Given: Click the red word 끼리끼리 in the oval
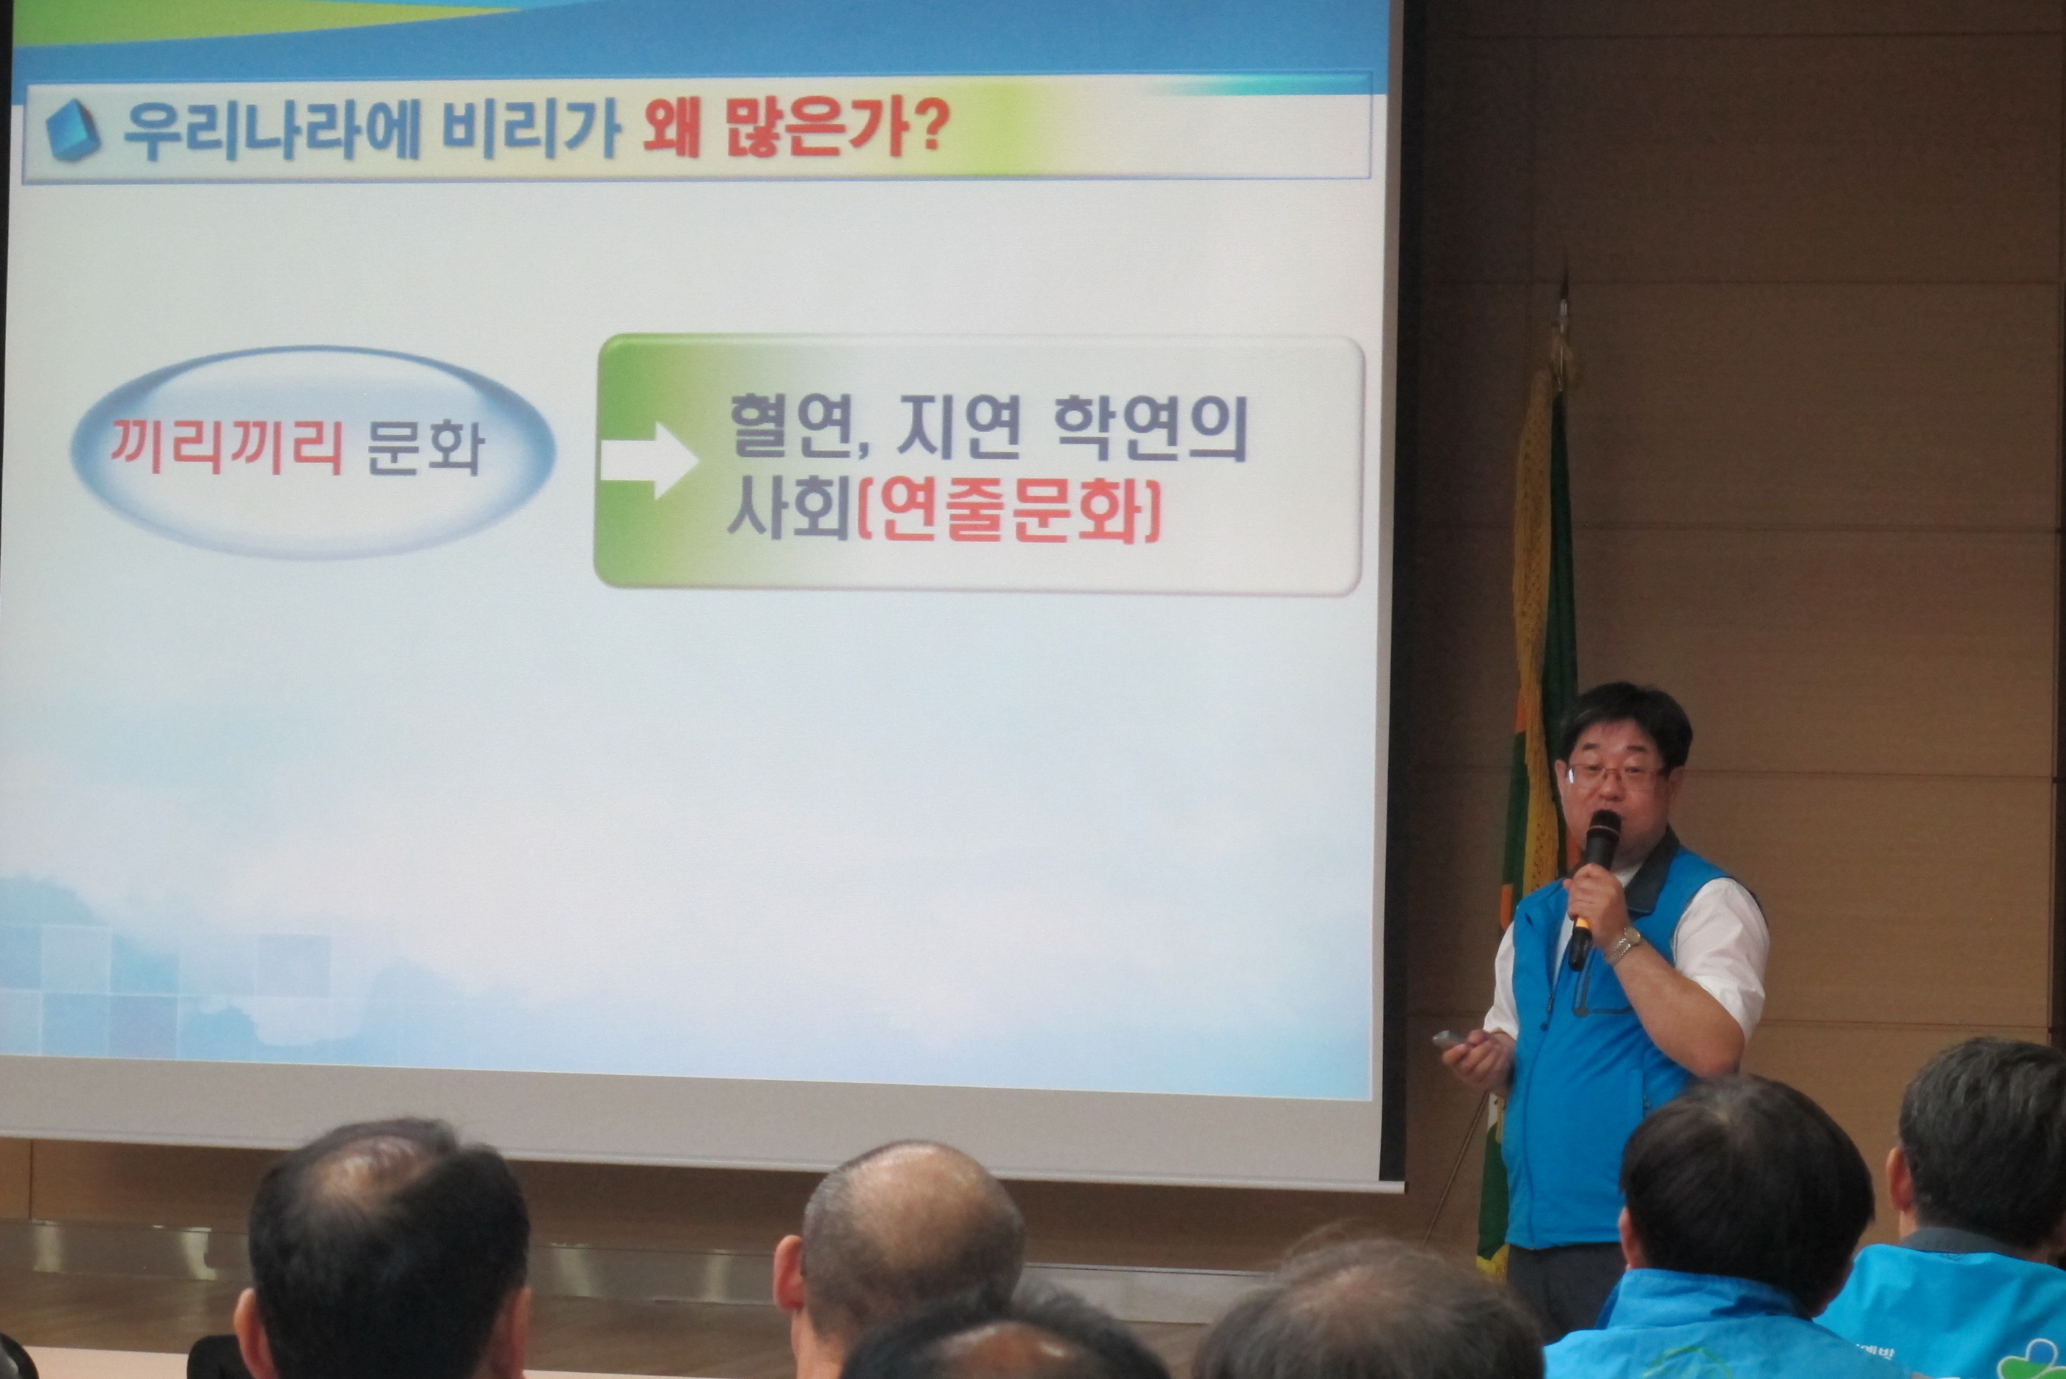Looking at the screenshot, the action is tap(226, 446).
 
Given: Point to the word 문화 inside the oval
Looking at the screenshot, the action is tap(425, 446).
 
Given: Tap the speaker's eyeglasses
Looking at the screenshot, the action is tap(1616, 776).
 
